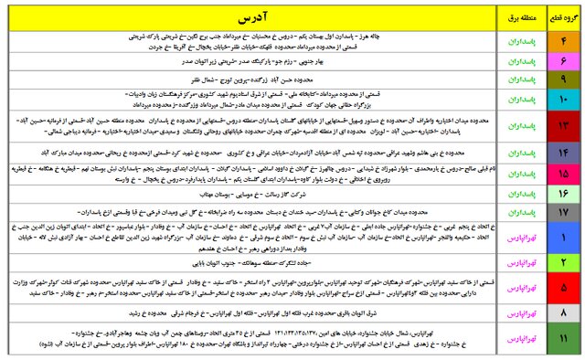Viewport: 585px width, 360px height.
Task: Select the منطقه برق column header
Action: (x=515, y=17)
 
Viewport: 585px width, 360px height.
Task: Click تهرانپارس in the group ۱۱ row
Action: (x=515, y=339)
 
